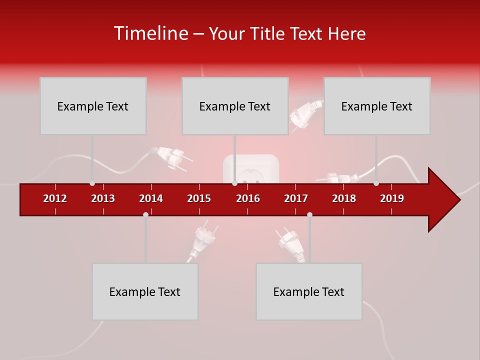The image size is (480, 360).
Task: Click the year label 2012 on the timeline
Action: [55, 198]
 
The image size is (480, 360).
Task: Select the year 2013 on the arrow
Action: [103, 198]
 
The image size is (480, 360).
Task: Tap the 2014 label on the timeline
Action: [151, 198]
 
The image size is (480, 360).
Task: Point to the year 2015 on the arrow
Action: [199, 198]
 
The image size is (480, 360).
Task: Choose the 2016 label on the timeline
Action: [248, 198]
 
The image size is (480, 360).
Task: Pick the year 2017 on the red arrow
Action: [296, 198]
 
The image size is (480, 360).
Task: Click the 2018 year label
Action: [344, 198]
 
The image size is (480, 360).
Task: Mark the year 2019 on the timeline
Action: [392, 198]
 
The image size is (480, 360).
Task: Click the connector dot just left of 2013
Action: [92, 183]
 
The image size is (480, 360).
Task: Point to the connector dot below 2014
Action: [145, 214]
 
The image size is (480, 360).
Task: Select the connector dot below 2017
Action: [309, 214]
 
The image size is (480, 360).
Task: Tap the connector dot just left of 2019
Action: [376, 183]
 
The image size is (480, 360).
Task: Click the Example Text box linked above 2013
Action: [93, 106]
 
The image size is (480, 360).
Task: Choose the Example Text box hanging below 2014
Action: [145, 291]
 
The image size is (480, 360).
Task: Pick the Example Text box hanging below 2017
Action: [309, 291]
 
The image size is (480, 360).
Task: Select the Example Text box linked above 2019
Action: [377, 106]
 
